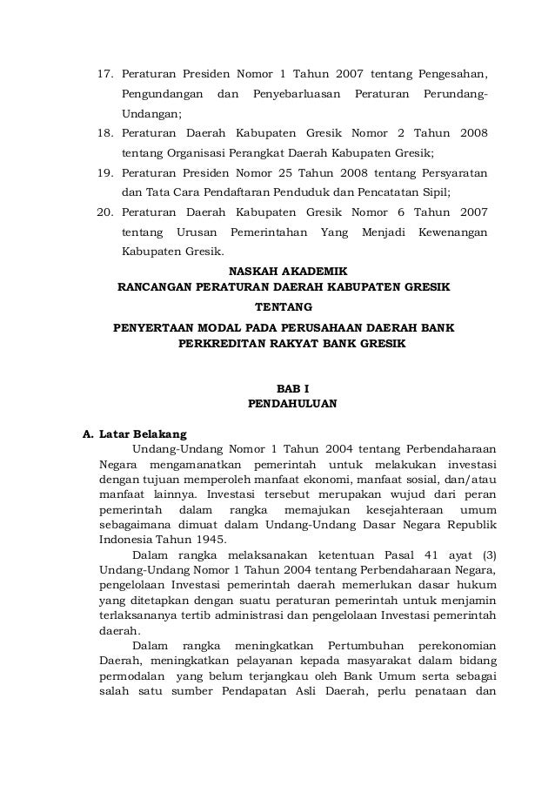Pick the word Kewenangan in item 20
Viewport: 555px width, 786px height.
pos(452,233)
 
